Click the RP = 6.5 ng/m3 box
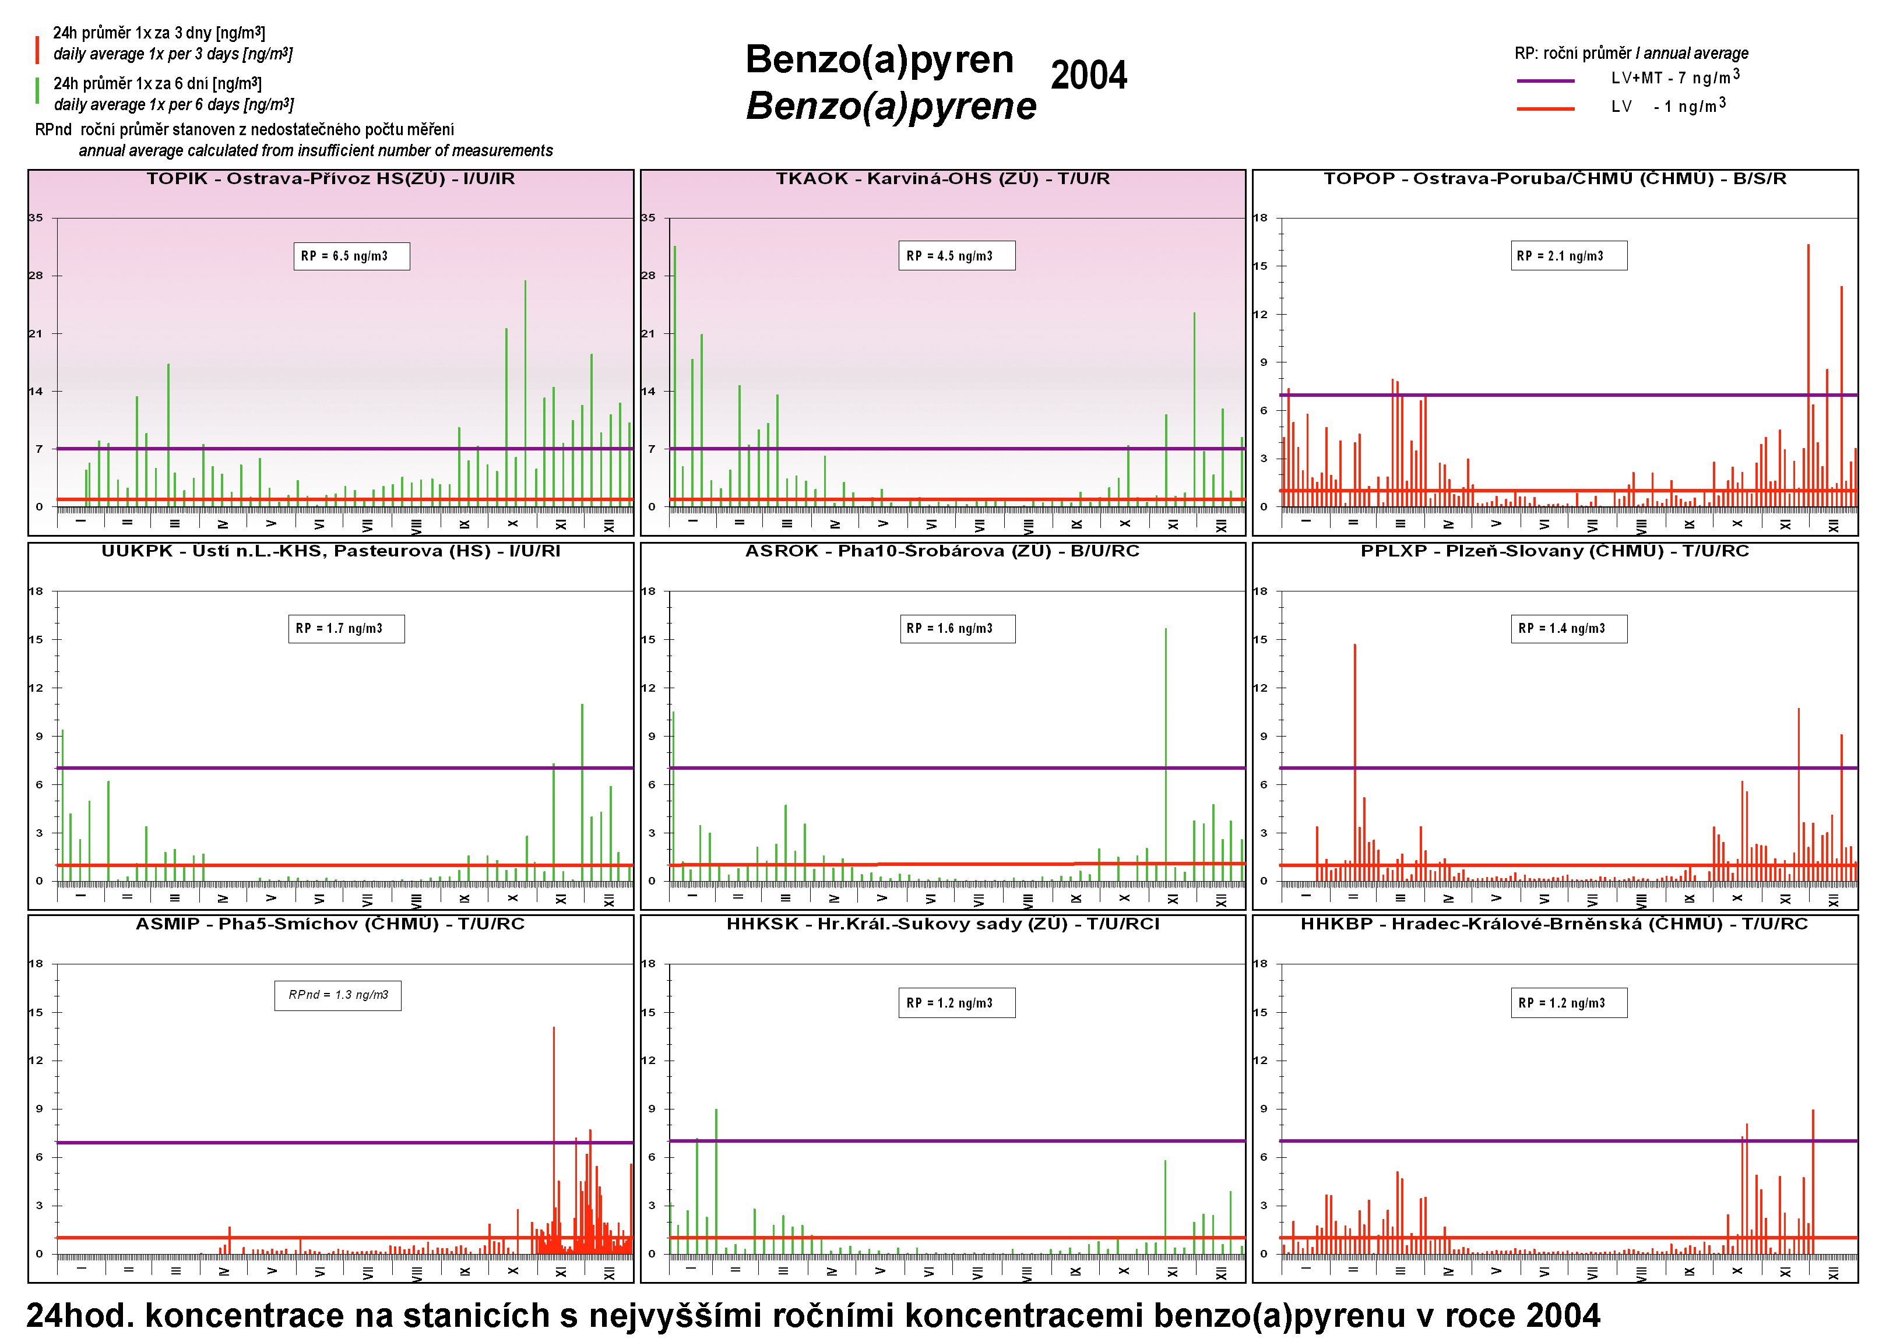351,256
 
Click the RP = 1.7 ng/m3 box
346,629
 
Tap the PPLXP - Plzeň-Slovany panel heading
1554,551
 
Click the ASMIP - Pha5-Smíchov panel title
330,924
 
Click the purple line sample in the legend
1544,81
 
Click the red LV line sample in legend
1544,108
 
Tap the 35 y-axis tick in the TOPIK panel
36,218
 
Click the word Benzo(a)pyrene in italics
890,107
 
